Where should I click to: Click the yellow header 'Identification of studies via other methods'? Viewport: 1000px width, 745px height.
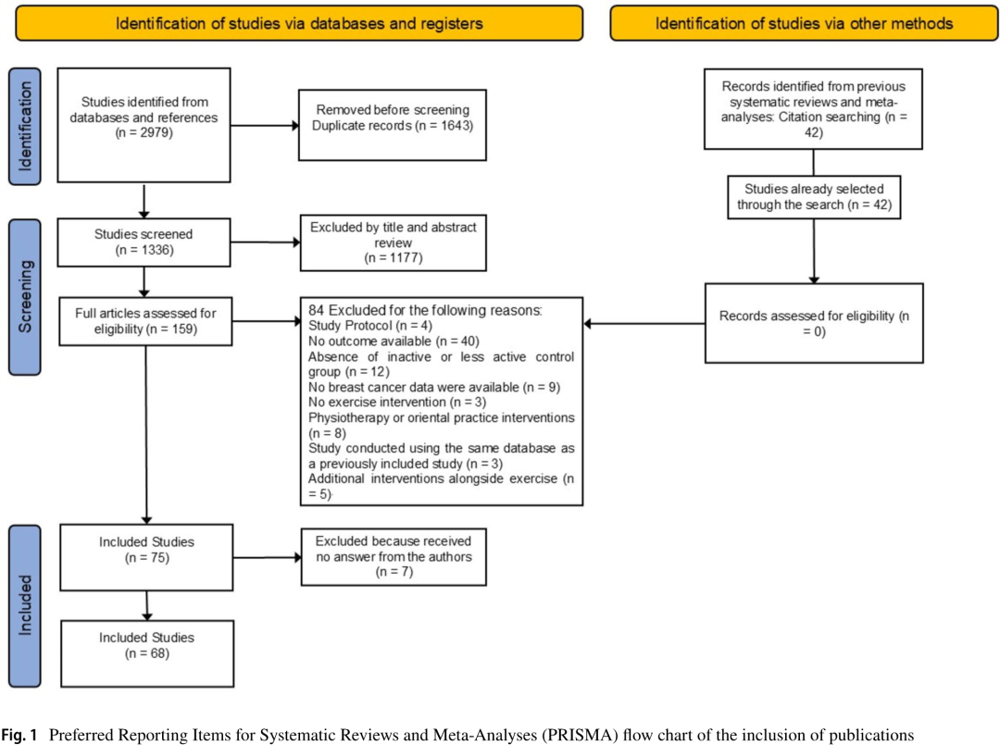(805, 23)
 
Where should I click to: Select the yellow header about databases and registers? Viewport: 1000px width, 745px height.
(299, 23)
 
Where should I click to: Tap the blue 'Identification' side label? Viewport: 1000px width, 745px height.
(25, 126)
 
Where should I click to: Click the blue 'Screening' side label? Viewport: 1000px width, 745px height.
(25, 297)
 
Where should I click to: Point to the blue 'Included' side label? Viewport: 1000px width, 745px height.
(25, 605)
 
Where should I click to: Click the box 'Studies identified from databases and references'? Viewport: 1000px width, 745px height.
(144, 125)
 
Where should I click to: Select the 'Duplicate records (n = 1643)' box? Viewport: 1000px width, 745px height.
(393, 125)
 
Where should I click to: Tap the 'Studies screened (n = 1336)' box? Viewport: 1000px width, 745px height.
(144, 242)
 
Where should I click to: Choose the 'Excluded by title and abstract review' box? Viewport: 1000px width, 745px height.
(394, 242)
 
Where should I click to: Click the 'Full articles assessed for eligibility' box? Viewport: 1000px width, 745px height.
(145, 321)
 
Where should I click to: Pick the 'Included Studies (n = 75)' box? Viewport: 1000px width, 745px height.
(146, 558)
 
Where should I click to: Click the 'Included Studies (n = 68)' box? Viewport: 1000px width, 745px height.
(147, 654)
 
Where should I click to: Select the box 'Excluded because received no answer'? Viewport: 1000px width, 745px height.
(394, 557)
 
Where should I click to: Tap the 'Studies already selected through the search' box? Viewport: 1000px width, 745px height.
(815, 197)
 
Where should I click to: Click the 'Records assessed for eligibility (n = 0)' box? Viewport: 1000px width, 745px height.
(814, 323)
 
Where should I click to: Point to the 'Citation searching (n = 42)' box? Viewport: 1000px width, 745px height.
(813, 109)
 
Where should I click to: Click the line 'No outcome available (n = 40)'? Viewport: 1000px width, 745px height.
(394, 341)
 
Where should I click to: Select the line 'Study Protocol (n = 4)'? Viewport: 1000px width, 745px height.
(369, 326)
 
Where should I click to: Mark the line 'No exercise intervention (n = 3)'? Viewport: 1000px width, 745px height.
(396, 403)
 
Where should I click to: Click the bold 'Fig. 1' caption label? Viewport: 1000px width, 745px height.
(19, 735)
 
